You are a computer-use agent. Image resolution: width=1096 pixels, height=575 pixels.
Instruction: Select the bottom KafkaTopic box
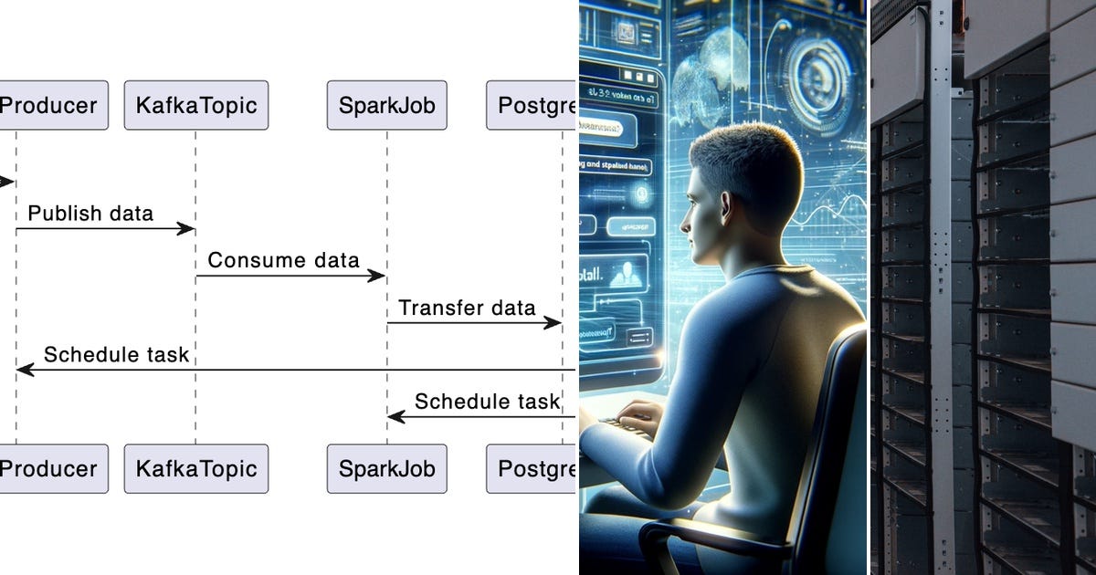(x=196, y=469)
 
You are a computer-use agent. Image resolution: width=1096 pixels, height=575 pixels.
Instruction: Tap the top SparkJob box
(x=386, y=105)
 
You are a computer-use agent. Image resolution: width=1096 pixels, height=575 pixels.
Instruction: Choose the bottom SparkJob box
(x=386, y=469)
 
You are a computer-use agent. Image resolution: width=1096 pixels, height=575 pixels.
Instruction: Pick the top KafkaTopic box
(x=196, y=105)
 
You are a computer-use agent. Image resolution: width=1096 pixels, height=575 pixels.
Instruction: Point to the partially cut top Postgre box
(x=532, y=105)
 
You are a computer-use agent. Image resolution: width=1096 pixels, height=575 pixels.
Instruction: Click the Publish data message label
(x=90, y=214)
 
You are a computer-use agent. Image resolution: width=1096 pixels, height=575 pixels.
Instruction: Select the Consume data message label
(x=283, y=260)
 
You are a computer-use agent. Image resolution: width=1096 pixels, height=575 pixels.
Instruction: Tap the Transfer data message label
(x=467, y=308)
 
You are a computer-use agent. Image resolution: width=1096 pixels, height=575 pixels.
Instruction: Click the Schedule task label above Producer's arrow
(x=116, y=354)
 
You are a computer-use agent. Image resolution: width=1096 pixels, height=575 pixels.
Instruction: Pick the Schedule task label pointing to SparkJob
(x=487, y=402)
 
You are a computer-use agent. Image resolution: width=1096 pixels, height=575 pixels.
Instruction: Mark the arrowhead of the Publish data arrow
(x=187, y=228)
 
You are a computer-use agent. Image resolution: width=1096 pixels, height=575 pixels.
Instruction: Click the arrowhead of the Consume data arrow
(x=377, y=276)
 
